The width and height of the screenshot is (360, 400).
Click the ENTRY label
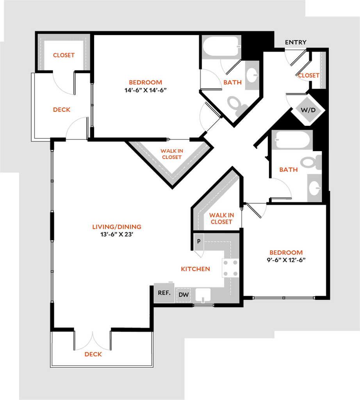click(296, 42)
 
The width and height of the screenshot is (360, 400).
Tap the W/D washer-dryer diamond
click(308, 110)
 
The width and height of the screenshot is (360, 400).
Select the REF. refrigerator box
click(164, 293)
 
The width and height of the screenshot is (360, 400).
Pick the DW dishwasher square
click(184, 295)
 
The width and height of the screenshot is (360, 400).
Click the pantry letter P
click(199, 241)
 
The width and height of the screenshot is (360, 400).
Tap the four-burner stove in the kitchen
click(230, 268)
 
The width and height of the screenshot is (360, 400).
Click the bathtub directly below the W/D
click(292, 140)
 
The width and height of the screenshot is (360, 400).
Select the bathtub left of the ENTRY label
click(221, 47)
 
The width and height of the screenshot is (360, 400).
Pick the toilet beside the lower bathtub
click(311, 162)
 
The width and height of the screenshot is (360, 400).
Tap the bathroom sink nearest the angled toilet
click(252, 75)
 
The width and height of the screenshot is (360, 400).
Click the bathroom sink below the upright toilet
click(314, 188)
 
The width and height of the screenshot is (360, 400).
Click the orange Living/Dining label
click(117, 227)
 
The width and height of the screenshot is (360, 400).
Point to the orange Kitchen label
click(196, 269)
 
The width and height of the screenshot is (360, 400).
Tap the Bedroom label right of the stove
click(286, 253)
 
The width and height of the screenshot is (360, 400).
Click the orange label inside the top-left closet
click(64, 55)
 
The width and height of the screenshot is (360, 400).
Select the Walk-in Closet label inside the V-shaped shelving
click(171, 154)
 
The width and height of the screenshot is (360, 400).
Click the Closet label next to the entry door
click(309, 75)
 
